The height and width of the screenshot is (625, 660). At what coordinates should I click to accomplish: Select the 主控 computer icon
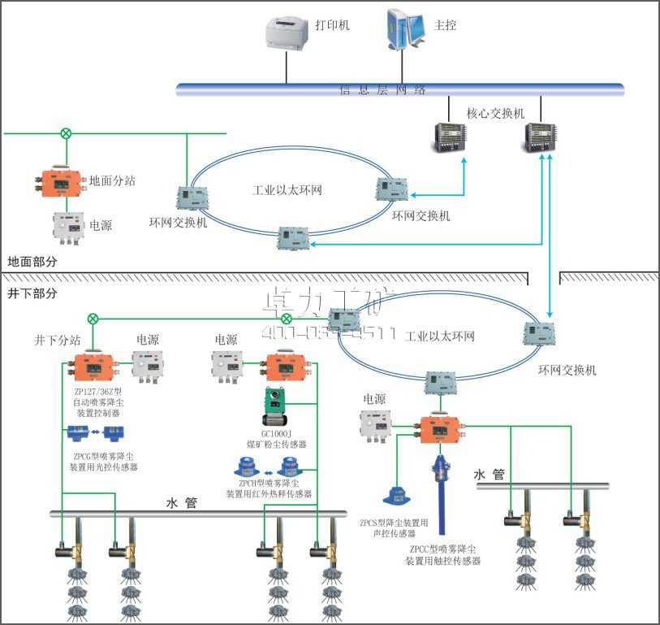point(406,29)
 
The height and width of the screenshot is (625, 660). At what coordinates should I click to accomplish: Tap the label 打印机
point(332,25)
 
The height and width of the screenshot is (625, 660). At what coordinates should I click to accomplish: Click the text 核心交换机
point(495,112)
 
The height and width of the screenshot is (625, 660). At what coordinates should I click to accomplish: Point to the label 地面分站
point(112,180)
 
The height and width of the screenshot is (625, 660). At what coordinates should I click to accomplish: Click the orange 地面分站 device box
point(61,183)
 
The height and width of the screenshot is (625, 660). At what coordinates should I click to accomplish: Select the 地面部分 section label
point(32,263)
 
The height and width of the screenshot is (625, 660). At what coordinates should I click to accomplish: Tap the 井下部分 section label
point(32,293)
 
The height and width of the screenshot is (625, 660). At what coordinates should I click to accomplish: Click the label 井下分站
point(58,340)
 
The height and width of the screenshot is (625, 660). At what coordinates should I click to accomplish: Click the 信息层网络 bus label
point(382,90)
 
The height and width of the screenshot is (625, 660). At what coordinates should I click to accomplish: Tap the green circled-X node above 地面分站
point(67,132)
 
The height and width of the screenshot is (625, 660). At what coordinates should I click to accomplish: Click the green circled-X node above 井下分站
point(94,318)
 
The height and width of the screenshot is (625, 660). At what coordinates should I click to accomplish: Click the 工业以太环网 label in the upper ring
point(287,191)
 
